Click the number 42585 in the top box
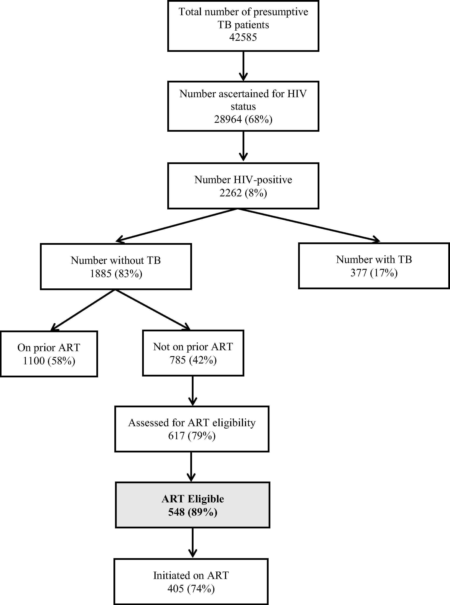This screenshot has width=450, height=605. tap(243, 37)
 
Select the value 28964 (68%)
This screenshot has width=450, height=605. tap(243, 119)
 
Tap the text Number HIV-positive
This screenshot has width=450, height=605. tap(243, 180)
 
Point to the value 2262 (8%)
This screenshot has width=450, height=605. tap(243, 193)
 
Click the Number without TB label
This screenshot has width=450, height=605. tap(116, 260)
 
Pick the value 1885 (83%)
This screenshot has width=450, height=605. tap(116, 273)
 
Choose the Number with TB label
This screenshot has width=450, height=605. tap(374, 259)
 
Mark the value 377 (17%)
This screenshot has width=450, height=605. tap(374, 273)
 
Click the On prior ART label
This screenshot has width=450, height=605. tap(49, 348)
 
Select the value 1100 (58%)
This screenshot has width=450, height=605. tap(49, 361)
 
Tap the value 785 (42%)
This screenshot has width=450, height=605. tap(193, 360)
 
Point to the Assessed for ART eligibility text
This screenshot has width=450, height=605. tap(192, 423)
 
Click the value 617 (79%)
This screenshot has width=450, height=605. tap(192, 436)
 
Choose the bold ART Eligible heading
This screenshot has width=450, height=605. tap(193, 499)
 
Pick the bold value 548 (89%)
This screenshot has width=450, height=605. tap(193, 512)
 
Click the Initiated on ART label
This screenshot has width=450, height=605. tap(191, 575)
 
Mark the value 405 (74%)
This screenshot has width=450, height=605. tap(191, 589)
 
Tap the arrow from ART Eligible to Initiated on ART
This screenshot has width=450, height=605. tap(193, 543)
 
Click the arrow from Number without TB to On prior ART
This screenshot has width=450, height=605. tap(83, 310)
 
